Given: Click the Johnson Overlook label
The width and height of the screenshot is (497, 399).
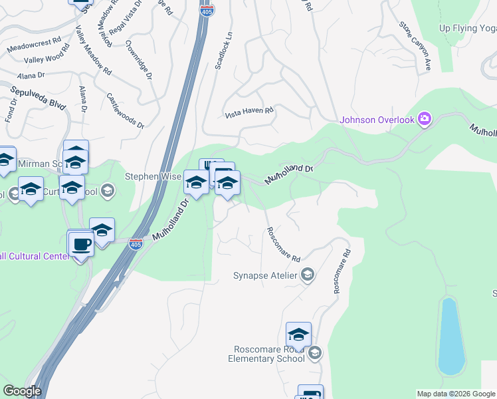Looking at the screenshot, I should coord(377,120).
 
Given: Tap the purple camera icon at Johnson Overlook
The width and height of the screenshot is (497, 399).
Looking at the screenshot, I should coord(424,120).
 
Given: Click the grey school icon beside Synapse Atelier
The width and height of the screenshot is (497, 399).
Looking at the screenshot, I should coord(308,275).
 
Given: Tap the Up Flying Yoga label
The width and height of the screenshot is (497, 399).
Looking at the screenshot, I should coord(468,28).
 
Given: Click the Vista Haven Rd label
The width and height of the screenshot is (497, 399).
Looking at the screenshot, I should coord(249,112).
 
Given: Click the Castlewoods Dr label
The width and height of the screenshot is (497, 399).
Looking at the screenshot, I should coord(125,110).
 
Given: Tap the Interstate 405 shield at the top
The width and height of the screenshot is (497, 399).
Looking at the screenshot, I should coord(208,11).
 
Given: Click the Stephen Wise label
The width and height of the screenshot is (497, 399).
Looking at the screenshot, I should coord(153,177).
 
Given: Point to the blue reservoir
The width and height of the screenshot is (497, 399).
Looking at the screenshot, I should coord(450,336).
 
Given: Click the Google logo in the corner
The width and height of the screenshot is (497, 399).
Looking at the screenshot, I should coord(22,392).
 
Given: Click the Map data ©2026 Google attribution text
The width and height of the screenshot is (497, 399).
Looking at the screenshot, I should coord(456,394).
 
